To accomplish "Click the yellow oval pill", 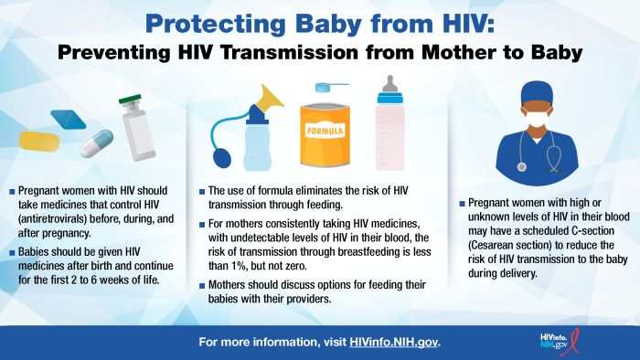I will [43, 141].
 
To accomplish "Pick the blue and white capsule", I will [96, 143].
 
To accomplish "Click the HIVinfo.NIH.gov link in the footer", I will [394, 343].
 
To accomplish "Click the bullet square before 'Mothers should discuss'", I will [202, 285].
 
